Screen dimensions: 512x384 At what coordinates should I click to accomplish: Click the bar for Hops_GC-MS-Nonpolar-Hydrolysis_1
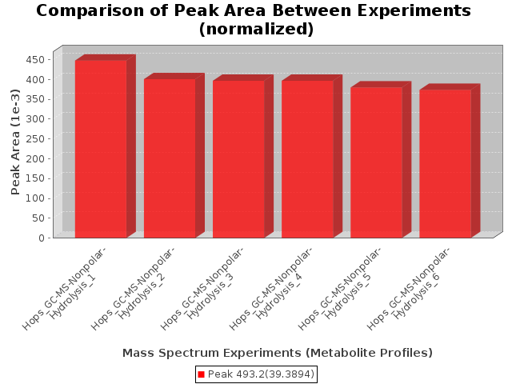tap(101, 149)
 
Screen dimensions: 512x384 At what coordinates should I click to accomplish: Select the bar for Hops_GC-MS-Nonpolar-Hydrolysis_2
tap(170, 158)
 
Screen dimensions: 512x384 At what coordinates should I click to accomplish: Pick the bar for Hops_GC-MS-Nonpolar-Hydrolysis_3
tap(238, 159)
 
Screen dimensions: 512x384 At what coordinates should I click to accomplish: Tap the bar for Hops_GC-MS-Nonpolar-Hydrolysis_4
tap(307, 159)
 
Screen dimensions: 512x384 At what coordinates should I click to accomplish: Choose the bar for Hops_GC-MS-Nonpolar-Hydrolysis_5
tap(377, 162)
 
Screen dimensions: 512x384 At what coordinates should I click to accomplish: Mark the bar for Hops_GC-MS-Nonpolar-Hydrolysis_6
tap(446, 164)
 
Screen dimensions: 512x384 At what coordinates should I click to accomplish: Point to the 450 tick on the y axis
tap(50, 60)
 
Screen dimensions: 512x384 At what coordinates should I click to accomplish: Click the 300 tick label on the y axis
tap(35, 119)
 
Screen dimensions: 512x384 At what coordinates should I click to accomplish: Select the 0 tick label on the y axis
tap(42, 238)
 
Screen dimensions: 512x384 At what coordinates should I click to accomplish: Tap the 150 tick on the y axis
tap(50, 178)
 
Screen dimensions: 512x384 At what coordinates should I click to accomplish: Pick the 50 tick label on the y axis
tap(38, 218)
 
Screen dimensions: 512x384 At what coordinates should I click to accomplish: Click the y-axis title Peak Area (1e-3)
tap(15, 142)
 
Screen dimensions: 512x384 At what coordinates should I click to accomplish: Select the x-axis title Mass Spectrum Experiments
tap(278, 353)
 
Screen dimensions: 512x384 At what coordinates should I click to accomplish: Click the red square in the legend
tap(201, 374)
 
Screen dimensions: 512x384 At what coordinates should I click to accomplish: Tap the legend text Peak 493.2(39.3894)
tap(261, 374)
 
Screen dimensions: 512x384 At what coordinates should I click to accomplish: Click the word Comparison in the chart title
tap(90, 11)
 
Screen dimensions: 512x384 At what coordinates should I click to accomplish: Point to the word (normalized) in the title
tap(256, 29)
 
